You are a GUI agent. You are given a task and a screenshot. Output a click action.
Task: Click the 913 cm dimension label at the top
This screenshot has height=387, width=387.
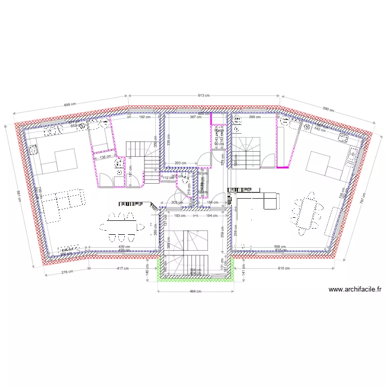pos(204,95)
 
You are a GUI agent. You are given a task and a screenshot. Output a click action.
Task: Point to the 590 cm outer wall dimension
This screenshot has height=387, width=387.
pos(328,109)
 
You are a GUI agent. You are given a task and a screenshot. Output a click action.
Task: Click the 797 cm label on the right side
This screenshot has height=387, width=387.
pos(362,197)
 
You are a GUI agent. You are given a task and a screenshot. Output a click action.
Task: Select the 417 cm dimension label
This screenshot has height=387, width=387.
pos(122,268)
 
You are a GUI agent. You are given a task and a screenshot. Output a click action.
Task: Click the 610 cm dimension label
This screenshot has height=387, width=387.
pos(283,268)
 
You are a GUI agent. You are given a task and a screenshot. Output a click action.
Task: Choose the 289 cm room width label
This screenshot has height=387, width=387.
pos(255,117)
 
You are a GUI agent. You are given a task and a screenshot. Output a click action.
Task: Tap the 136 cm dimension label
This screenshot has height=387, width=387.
pos(105,157)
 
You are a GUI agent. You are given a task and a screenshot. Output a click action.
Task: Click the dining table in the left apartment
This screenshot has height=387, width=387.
pos(123,226)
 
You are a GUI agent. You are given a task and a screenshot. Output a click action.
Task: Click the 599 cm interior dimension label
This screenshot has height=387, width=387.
pos(280,247)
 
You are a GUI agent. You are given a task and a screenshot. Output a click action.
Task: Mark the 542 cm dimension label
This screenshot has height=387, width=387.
pos(320,130)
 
